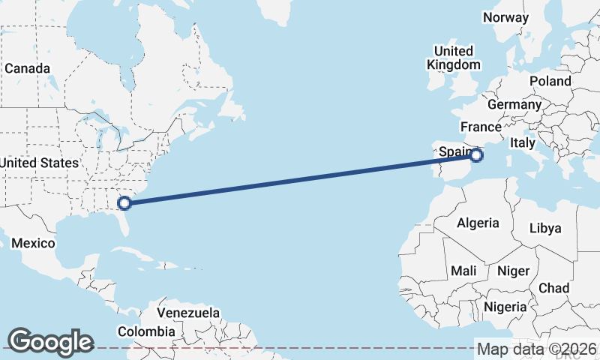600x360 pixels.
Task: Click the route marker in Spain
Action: click(x=477, y=155)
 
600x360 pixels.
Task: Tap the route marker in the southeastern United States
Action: click(x=125, y=202)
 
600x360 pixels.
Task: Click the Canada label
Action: click(x=27, y=68)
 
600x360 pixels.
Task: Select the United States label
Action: click(x=38, y=163)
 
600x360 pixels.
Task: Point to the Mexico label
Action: click(x=34, y=244)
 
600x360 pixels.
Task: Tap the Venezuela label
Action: click(x=188, y=312)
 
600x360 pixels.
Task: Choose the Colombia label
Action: click(x=145, y=331)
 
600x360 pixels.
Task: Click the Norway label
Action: click(x=506, y=17)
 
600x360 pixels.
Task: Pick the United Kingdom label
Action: click(x=454, y=58)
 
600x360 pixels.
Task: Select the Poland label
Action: click(x=550, y=81)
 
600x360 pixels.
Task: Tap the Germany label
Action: click(x=514, y=104)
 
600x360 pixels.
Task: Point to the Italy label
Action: click(x=522, y=142)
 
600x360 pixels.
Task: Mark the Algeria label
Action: click(x=478, y=223)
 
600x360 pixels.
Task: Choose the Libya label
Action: click(x=545, y=228)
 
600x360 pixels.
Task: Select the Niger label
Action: click(x=514, y=271)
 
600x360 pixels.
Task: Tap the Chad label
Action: click(x=553, y=288)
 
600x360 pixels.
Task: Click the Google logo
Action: click(x=50, y=342)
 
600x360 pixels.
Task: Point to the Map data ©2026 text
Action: click(x=537, y=349)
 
